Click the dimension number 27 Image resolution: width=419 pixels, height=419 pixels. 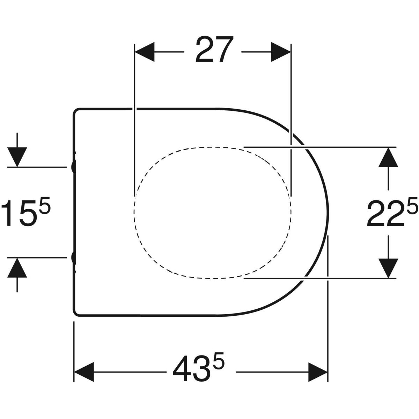coord(214,50)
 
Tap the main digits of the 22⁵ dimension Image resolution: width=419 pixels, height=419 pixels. coord(385,213)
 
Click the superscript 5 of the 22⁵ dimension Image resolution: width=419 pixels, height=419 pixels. coord(411,205)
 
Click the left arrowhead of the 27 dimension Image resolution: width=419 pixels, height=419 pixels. coord(145,52)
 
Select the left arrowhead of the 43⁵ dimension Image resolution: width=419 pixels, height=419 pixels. coord(84,372)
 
